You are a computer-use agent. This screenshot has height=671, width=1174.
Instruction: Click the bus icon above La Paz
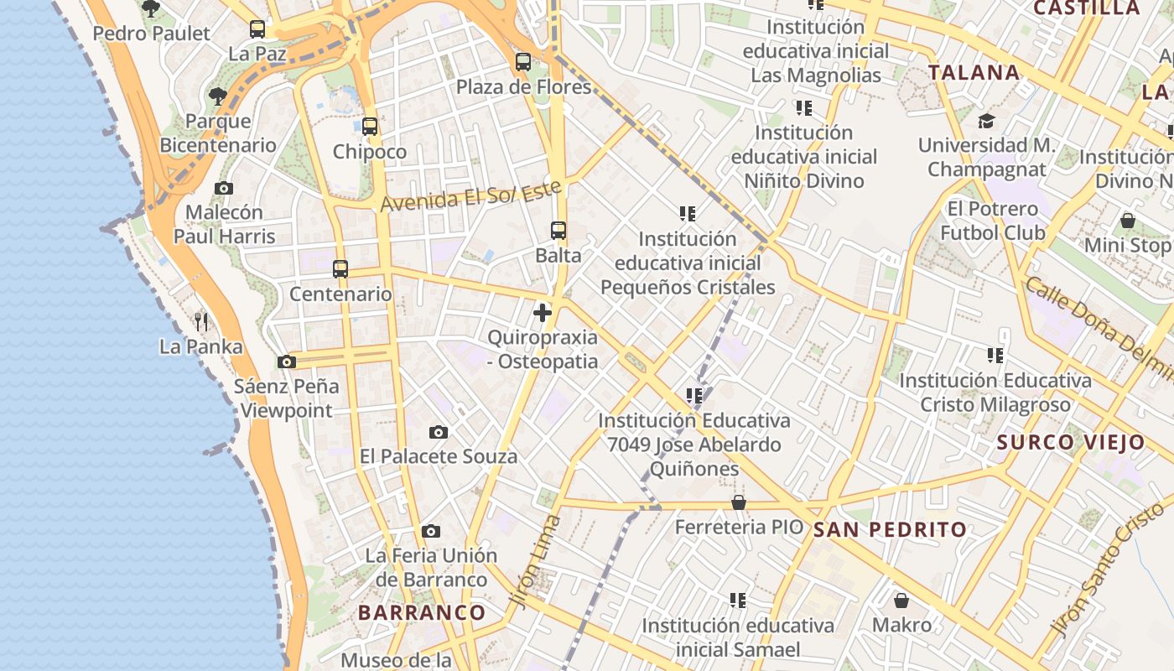point(257,29)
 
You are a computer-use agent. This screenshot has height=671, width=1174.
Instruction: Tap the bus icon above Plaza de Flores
point(523,61)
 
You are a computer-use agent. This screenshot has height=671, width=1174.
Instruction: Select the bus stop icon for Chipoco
point(370,127)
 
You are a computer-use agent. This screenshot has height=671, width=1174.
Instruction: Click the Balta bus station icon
point(558,230)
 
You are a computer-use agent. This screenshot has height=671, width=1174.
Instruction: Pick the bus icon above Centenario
point(340,269)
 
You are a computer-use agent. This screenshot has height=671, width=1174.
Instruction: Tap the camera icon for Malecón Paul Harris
point(224,188)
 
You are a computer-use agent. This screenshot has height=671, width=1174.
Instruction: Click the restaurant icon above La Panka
point(201,321)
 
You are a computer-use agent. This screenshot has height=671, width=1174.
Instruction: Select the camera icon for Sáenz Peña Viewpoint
point(287,362)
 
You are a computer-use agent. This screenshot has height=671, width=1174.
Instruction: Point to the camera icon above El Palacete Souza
point(439,432)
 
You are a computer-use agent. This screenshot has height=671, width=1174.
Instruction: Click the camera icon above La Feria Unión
point(431,531)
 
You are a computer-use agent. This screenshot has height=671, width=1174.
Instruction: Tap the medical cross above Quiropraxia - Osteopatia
point(543,313)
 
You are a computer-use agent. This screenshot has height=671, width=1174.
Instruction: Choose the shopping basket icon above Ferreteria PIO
point(739,502)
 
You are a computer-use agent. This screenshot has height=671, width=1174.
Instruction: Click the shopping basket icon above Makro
point(901,601)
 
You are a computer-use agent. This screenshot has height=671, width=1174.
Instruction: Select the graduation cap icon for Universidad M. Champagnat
point(986,121)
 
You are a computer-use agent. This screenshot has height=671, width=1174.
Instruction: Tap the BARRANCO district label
point(422,612)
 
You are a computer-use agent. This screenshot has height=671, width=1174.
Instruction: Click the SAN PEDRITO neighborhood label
point(891,529)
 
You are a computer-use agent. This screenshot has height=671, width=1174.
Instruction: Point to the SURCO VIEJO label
point(1071,442)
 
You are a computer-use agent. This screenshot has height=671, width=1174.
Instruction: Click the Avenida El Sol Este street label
point(470,195)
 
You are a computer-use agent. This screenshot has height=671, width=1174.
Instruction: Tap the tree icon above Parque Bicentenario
point(218,96)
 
